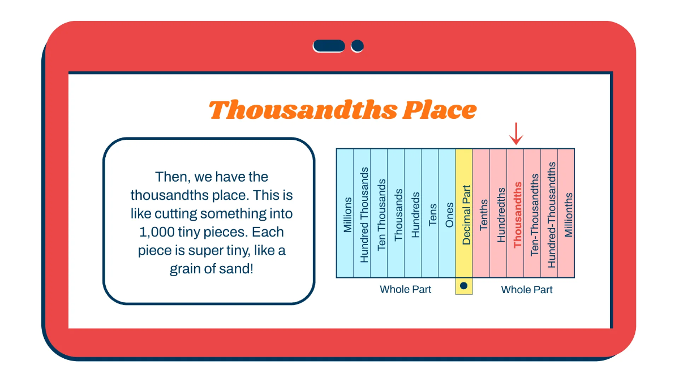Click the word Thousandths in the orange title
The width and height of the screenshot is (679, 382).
click(303, 110)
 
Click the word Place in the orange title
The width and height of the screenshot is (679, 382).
click(440, 110)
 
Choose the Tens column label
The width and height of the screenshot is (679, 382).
click(432, 215)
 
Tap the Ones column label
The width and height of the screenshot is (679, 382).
click(449, 215)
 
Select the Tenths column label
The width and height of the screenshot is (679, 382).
click(483, 214)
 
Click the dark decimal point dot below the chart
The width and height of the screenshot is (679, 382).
click(464, 286)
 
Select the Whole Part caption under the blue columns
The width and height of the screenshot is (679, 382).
click(405, 289)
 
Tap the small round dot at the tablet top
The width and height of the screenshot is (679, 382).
click(357, 46)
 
